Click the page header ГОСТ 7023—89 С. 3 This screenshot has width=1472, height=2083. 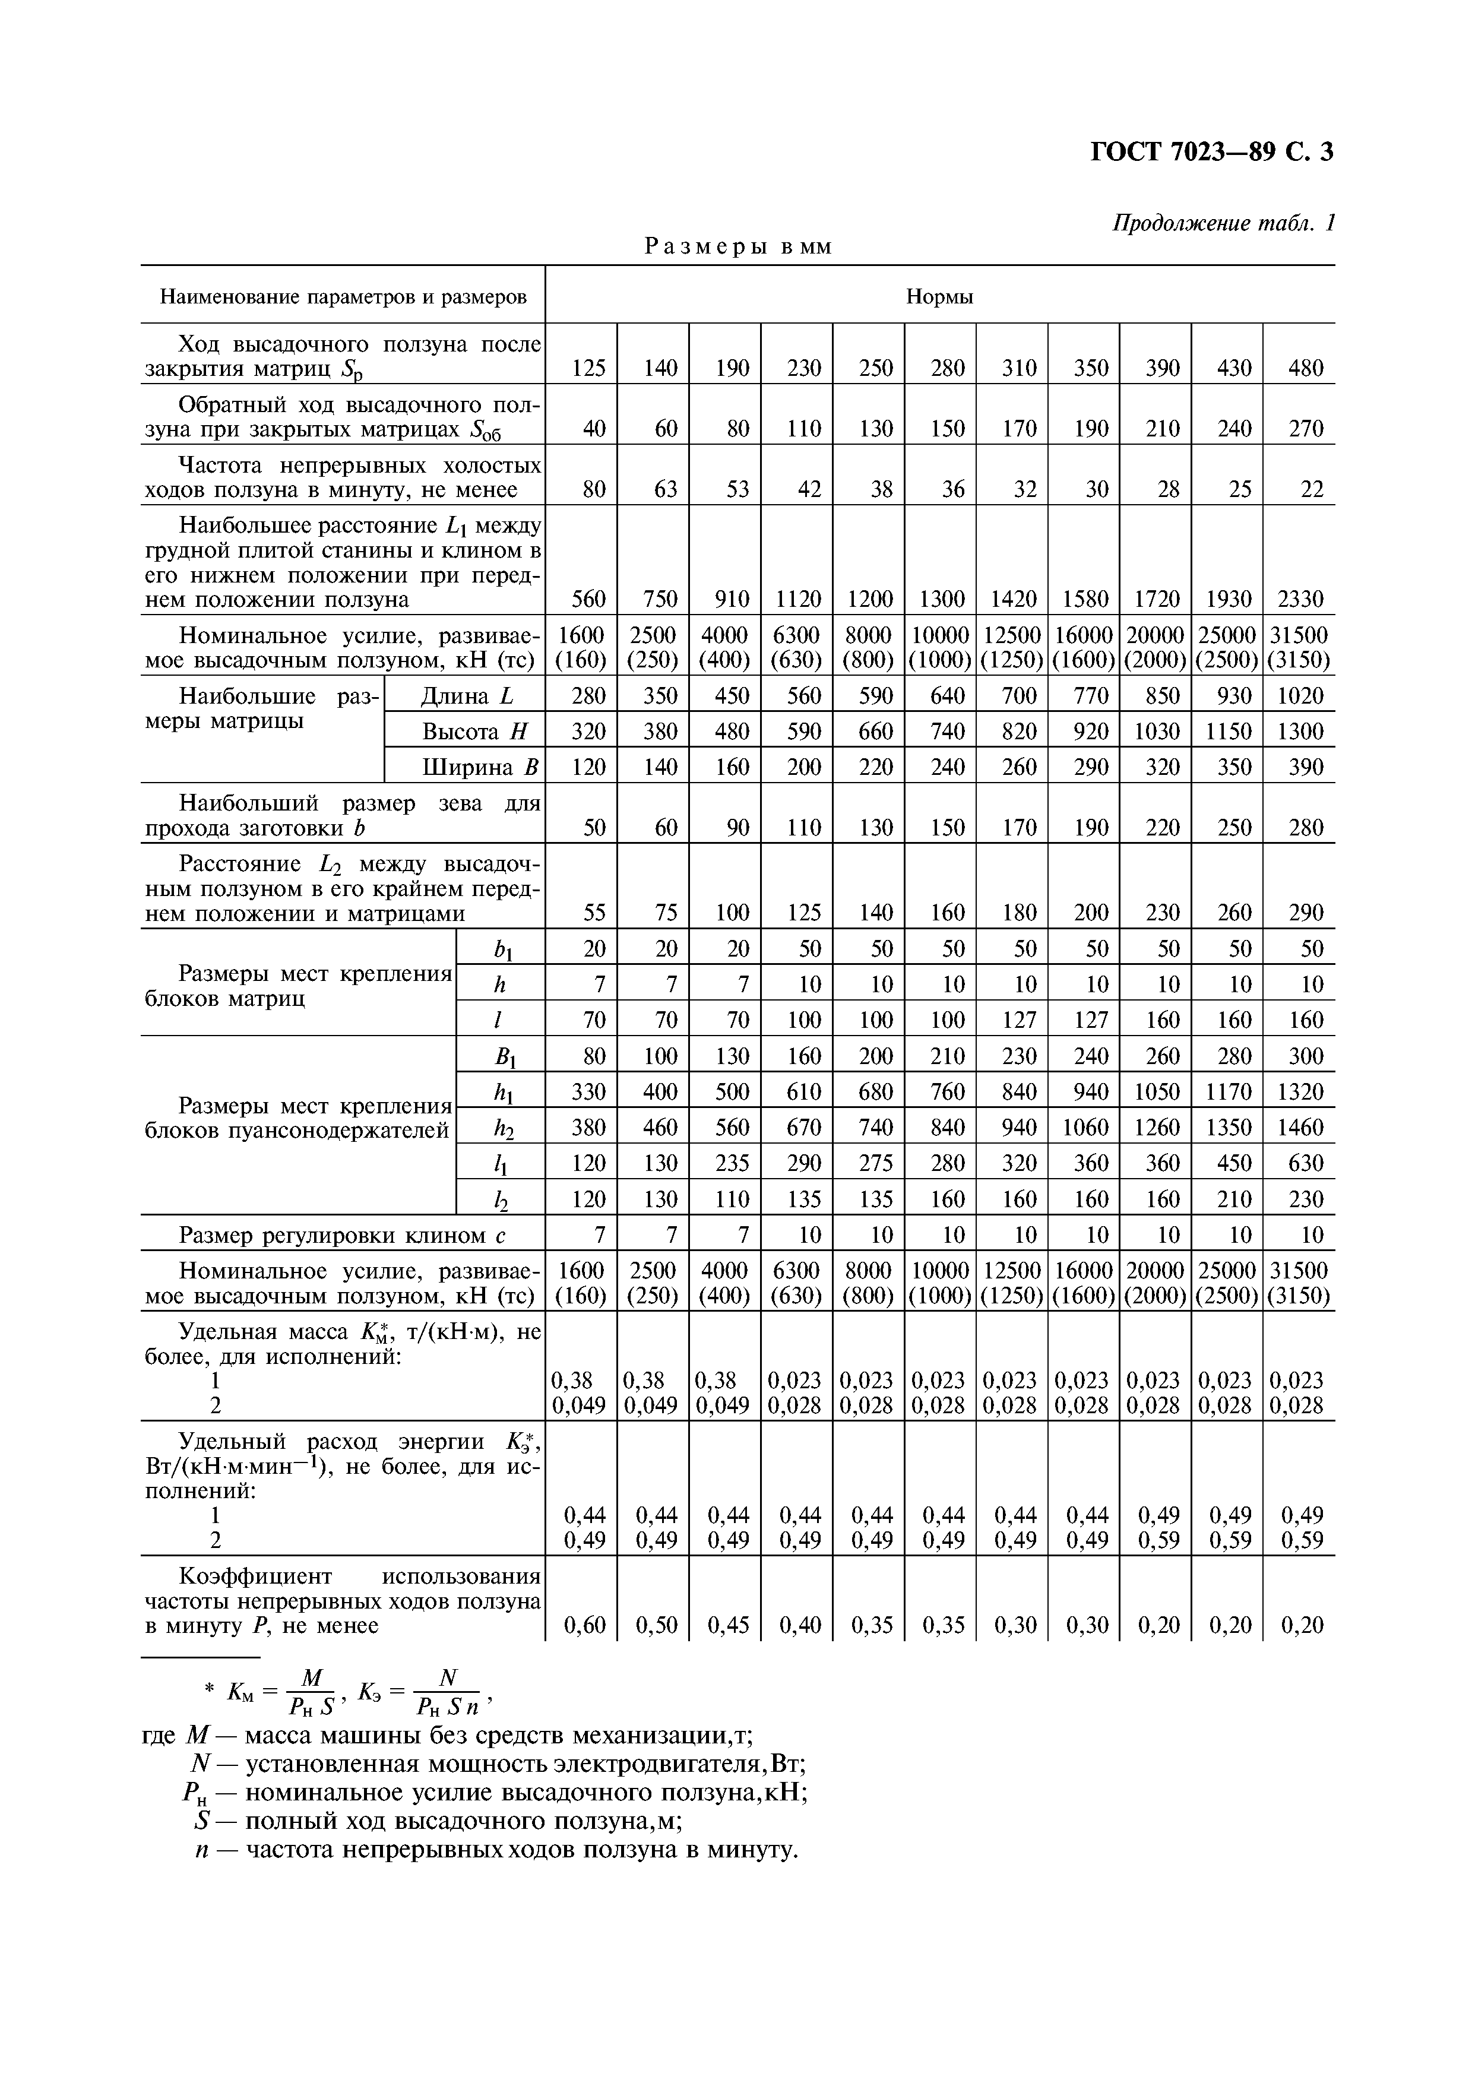tap(1211, 151)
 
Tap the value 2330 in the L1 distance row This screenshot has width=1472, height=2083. tap(1300, 599)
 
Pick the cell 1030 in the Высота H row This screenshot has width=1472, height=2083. tap(1156, 731)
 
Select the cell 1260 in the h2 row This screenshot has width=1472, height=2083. tap(1156, 1128)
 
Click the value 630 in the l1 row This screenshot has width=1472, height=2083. tap(1300, 1163)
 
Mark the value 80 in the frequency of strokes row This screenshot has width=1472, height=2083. tap(593, 490)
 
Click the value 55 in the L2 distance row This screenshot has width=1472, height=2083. tap(593, 913)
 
